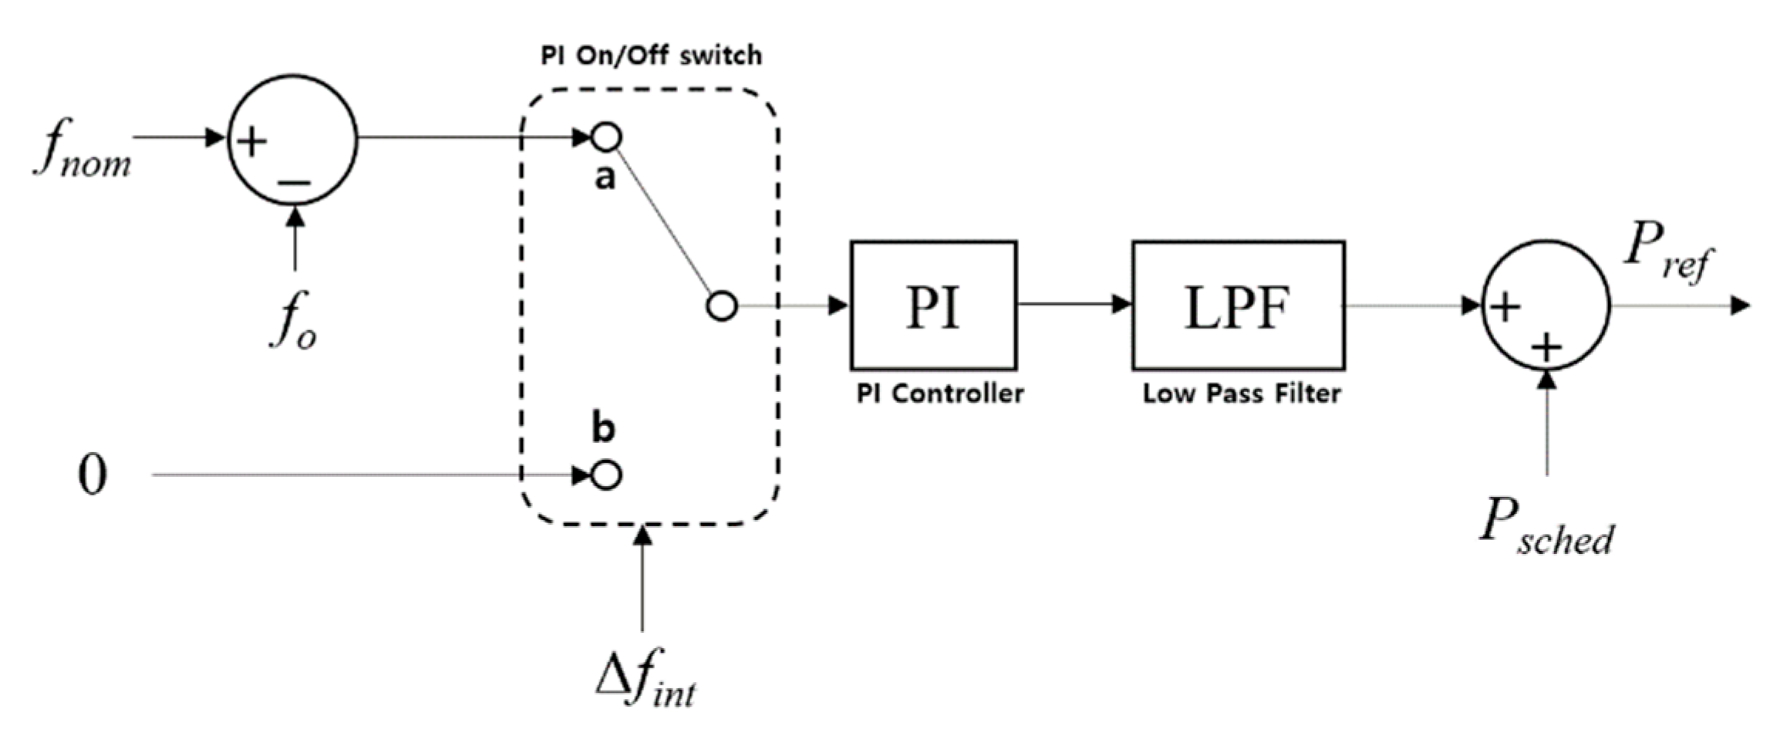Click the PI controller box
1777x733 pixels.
[933, 306]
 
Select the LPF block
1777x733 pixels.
[1238, 306]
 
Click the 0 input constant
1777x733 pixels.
[93, 475]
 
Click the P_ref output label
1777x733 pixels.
[1666, 255]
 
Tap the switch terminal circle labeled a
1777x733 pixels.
[606, 137]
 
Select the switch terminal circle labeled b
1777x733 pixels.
[606, 475]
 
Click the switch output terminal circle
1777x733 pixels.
[722, 306]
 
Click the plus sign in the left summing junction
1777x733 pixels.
[251, 142]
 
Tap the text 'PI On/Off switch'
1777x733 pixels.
[651, 56]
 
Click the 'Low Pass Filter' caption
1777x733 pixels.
[1241, 394]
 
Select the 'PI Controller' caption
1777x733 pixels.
[939, 394]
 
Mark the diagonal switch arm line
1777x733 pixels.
[663, 221]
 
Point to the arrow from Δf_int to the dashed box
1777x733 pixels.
[642, 579]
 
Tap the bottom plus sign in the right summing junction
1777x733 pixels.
[1546, 348]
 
